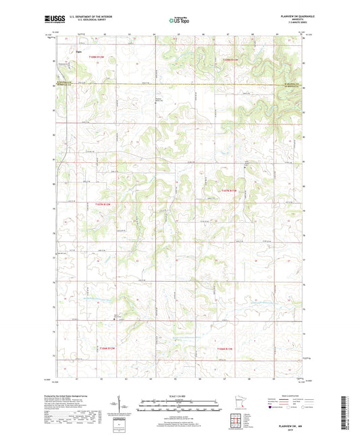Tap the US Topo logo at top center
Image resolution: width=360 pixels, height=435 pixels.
point(180,21)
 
